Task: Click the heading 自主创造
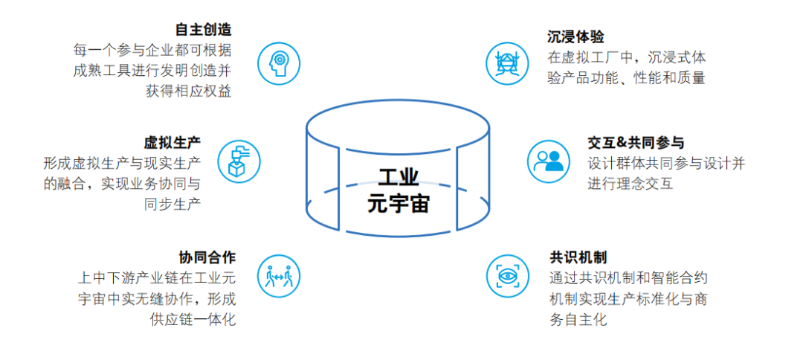point(203,30)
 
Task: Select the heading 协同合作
point(207,257)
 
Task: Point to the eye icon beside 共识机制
point(508,276)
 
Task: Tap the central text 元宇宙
point(399,203)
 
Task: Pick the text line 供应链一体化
point(193,319)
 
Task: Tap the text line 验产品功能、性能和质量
point(626,77)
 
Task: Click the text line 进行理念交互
point(630,183)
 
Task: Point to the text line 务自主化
point(577,320)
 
